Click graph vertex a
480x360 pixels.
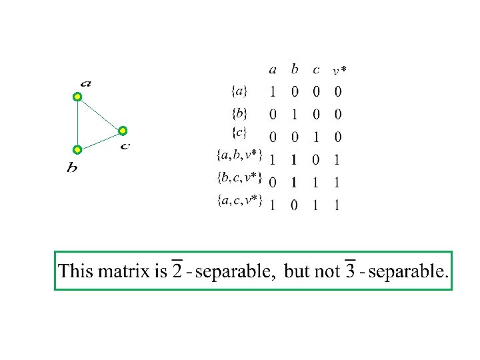pyautogui.click(x=77, y=97)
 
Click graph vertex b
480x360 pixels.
pyautogui.click(x=77, y=149)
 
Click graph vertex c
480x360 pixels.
pyautogui.click(x=123, y=131)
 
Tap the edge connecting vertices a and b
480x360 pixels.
pyautogui.click(x=77, y=123)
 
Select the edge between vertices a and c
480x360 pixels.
pyautogui.click(x=100, y=114)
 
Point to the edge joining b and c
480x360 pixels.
pyautogui.click(x=100, y=140)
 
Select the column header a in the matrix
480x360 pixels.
pyautogui.click(x=273, y=69)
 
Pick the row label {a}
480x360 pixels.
pyautogui.click(x=240, y=91)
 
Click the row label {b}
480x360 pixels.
pyautogui.click(x=240, y=114)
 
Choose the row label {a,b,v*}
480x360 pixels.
pyautogui.click(x=239, y=156)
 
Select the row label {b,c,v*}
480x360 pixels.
pyautogui.click(x=239, y=178)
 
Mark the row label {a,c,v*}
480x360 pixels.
pyautogui.click(x=239, y=200)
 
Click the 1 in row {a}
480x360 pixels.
pyautogui.click(x=273, y=91)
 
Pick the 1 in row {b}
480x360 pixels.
pyautogui.click(x=294, y=115)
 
